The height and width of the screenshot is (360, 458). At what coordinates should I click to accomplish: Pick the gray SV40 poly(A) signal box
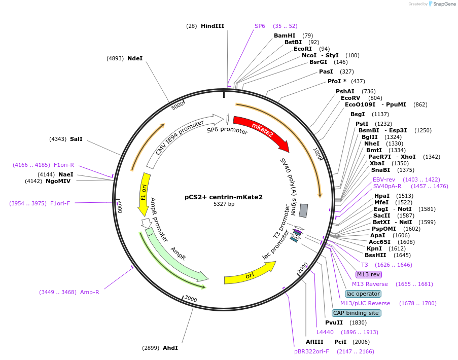tap(303, 210)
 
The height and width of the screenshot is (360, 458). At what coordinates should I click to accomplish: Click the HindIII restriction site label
tap(212, 26)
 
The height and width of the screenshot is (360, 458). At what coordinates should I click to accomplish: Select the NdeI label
tap(135, 58)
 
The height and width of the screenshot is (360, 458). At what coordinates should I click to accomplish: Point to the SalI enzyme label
tap(76, 138)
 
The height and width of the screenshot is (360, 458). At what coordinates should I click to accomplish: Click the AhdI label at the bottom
tap(170, 348)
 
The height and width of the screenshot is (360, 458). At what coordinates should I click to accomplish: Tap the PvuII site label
tap(334, 322)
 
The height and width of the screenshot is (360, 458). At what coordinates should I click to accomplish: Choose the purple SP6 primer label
tap(260, 26)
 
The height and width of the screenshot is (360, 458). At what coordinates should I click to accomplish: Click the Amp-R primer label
tap(90, 292)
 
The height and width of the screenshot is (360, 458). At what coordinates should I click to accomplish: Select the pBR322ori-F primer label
tap(311, 350)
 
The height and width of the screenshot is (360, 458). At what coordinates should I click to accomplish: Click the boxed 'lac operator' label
tap(363, 294)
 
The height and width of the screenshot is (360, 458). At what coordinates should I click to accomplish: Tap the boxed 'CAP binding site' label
tap(357, 313)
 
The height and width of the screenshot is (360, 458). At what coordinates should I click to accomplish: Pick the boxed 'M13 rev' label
tap(368, 274)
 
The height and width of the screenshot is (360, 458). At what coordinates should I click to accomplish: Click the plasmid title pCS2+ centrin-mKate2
tap(224, 197)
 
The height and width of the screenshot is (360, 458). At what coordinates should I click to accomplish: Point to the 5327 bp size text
tap(224, 204)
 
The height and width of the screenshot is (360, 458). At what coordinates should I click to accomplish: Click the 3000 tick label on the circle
tap(191, 299)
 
